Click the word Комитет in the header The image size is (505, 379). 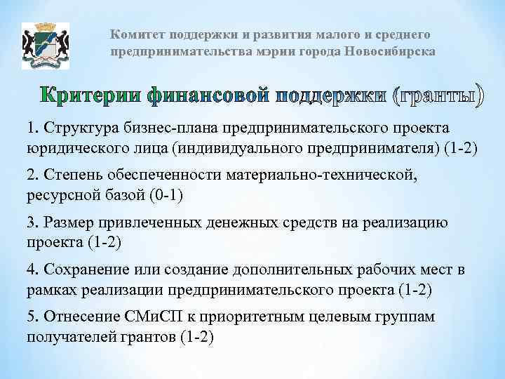135,35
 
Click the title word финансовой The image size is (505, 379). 210,97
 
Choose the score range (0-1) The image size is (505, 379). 166,195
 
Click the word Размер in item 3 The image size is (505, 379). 65,223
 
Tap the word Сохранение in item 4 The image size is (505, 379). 83,270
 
